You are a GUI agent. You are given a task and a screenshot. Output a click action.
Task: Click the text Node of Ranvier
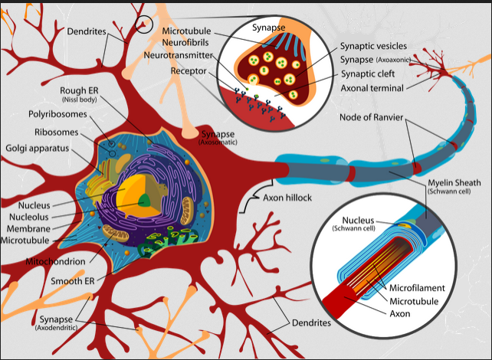[377, 117]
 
